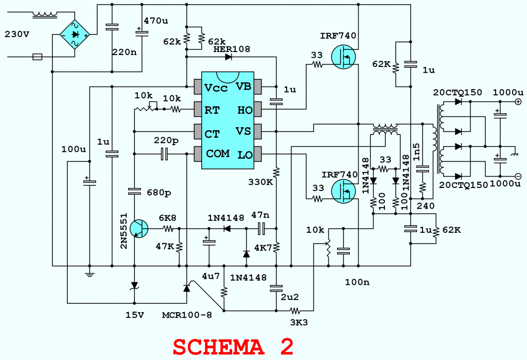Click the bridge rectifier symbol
75,35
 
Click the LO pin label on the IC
243,154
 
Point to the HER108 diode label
231,49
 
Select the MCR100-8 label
187,314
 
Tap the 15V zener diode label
135,314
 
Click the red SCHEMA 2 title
233,346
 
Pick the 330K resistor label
260,182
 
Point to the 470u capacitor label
155,21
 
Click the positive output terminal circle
518,102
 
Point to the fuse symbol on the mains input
37,57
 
